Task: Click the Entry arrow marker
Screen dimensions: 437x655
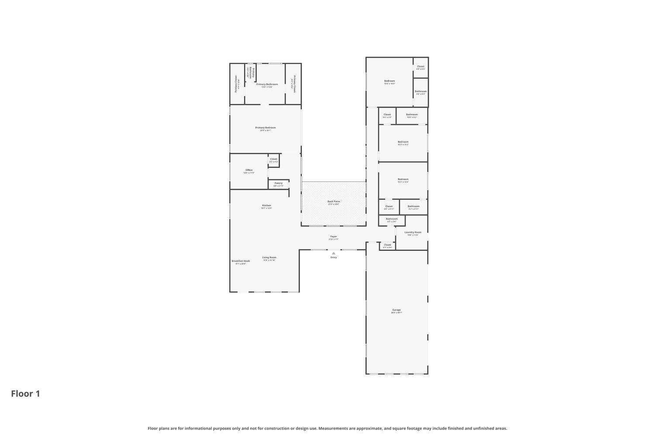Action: coord(334,253)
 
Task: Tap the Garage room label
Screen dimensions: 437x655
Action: coord(396,310)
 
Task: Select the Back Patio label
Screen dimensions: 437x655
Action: coord(334,202)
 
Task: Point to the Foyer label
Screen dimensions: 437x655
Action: coord(334,237)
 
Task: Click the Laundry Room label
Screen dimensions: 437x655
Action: coord(413,232)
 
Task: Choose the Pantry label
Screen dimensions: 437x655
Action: coord(279,184)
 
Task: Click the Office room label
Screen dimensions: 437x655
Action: coord(249,170)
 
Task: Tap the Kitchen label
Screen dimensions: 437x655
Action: coord(266,206)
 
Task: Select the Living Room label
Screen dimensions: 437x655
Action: coord(269,258)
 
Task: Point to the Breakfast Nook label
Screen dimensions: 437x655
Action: coord(241,261)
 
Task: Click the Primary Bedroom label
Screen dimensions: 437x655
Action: coord(265,128)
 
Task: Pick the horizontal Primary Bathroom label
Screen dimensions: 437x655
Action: coord(267,84)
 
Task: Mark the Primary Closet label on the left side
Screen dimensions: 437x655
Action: coord(236,83)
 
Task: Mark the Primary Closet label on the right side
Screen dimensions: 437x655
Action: coord(294,84)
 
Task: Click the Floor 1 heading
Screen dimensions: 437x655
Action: coord(25,394)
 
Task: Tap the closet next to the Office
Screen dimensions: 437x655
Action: coord(274,160)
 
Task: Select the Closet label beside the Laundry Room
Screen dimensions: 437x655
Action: coord(387,245)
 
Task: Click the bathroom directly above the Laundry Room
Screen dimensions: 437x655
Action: coord(392,219)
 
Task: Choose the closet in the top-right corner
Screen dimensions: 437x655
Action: coord(421,67)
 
